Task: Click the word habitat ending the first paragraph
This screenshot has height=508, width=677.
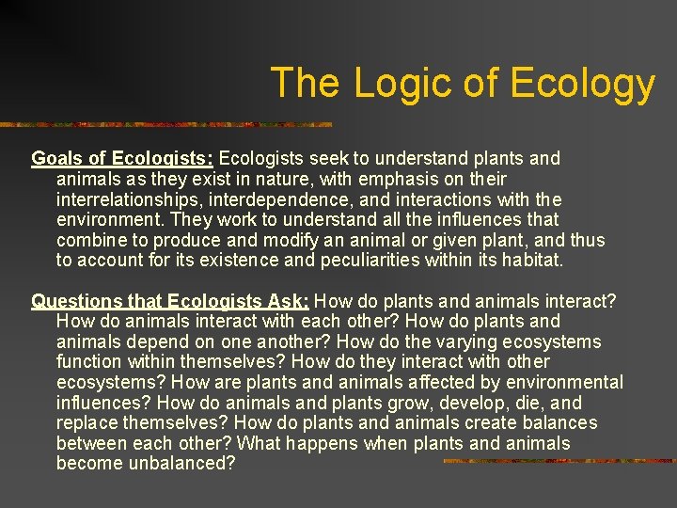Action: [532, 260]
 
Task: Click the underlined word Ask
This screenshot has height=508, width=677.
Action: [286, 301]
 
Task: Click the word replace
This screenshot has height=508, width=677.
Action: [86, 422]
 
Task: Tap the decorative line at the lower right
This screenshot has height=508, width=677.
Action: [559, 461]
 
